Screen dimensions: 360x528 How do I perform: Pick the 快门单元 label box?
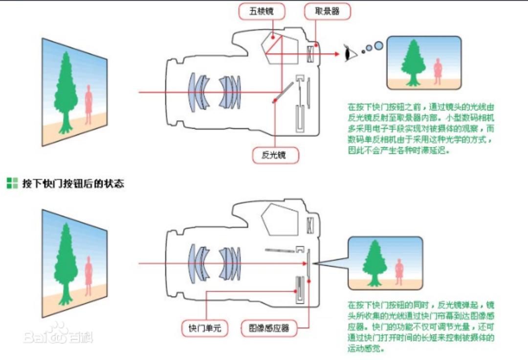(205, 328)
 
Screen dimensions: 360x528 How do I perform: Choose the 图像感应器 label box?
(269, 328)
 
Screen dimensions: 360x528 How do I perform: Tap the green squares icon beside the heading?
(12, 183)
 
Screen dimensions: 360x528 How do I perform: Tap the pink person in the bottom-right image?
(399, 271)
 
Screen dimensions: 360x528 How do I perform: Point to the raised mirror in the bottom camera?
(280, 250)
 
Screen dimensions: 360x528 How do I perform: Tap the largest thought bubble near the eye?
(378, 46)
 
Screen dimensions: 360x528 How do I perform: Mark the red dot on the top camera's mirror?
(275, 101)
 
